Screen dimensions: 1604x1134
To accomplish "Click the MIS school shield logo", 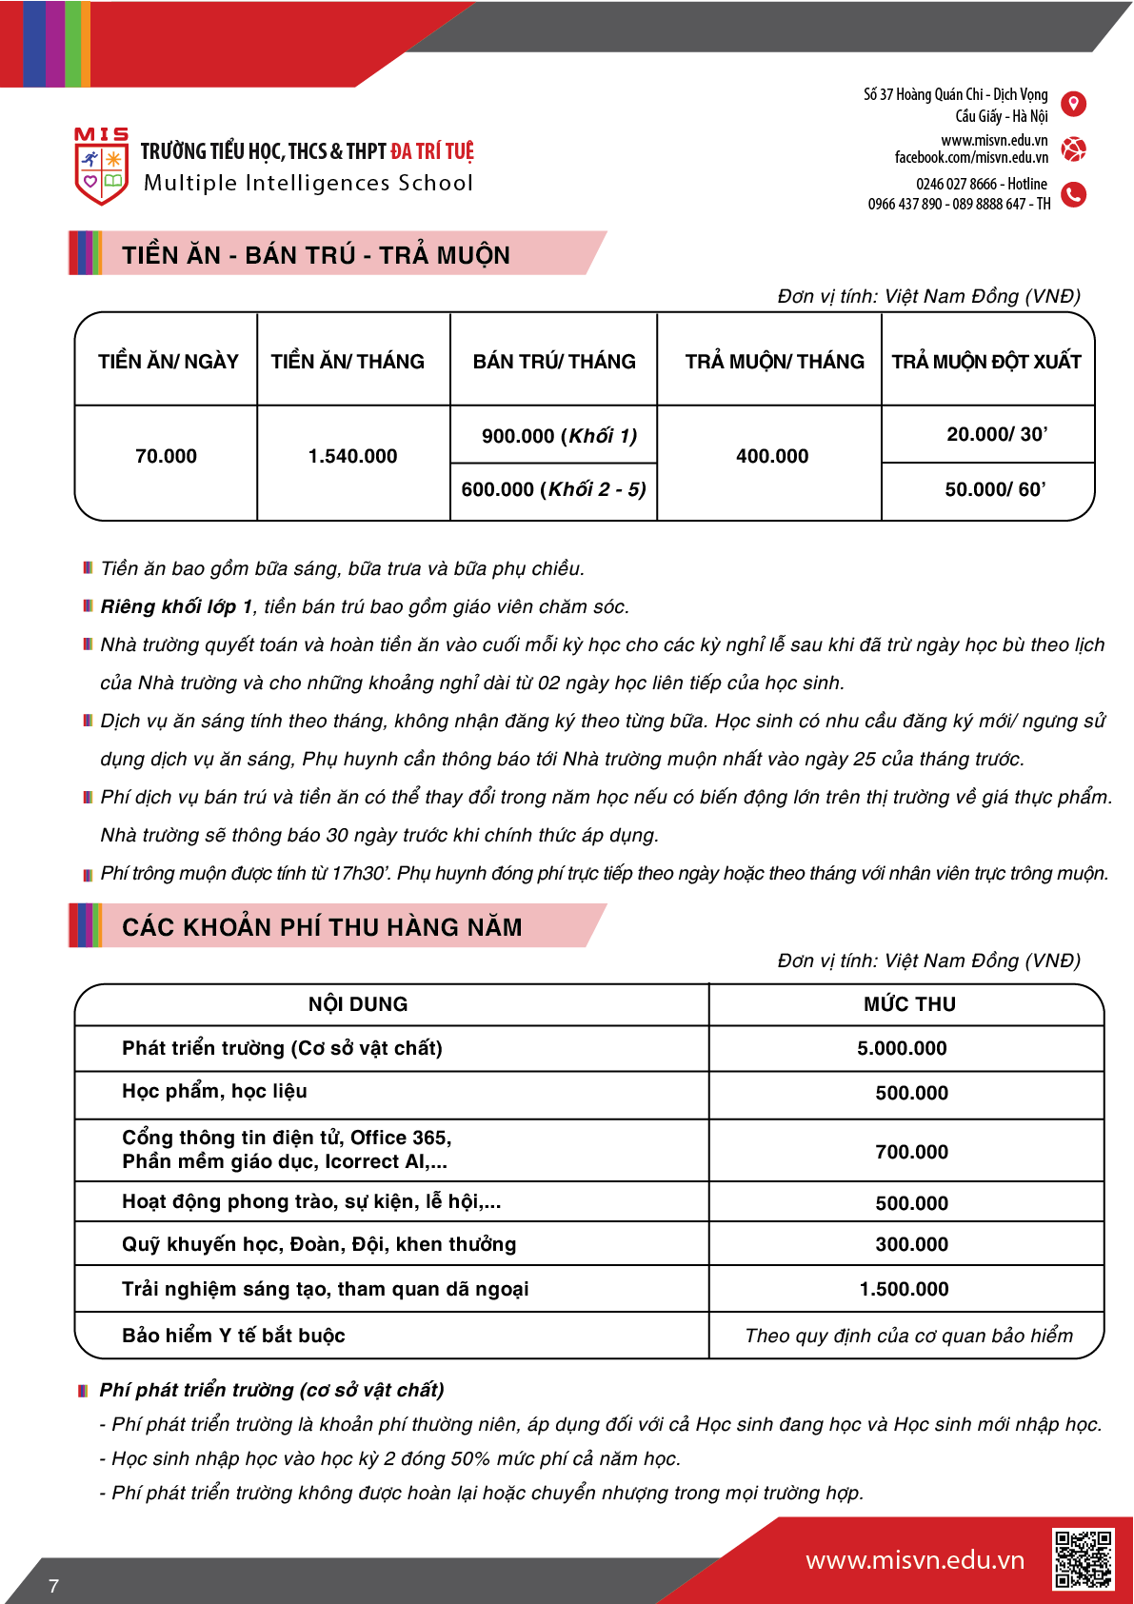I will pos(101,168).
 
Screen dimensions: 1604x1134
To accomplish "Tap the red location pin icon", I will pos(1073,104).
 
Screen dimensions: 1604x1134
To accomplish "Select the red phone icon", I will pos(1073,194).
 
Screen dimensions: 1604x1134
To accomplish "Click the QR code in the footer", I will pos(1083,1559).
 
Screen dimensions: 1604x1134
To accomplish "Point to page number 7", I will pos(53,1586).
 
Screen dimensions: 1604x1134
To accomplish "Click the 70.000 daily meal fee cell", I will pos(166,456).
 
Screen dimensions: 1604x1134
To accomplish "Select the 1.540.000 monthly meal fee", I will pos(352,456).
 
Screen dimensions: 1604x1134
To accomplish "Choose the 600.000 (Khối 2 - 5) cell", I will pos(553,489).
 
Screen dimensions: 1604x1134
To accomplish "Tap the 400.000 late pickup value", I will pos(771,456).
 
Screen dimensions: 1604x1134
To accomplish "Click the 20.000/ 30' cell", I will pos(996,434).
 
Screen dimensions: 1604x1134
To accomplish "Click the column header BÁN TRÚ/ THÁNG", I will pos(554,362).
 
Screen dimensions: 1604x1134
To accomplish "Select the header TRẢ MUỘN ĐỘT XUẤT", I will pos(986,362).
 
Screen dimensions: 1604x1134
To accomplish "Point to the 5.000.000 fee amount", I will pos(902,1048).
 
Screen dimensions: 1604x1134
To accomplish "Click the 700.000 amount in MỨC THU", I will pos(911,1152).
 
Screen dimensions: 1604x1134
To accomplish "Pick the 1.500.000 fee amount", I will pos(904,1289).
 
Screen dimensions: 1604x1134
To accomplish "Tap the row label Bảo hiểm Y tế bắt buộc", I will pos(233,1336).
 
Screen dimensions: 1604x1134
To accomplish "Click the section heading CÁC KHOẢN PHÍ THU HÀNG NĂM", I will pos(322,927).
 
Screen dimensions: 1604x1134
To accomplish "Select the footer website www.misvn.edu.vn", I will pos(914,1560).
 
